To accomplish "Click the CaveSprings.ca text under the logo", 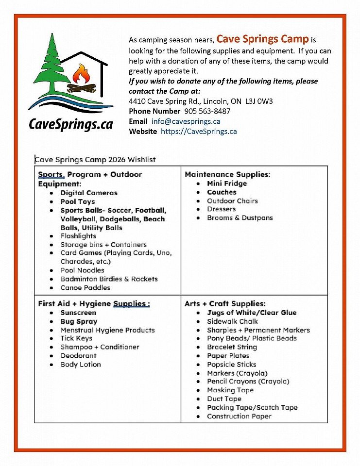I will [71, 124].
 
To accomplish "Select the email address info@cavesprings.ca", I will [186, 121].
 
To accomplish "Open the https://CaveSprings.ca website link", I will [199, 131].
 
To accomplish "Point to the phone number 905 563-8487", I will [207, 111].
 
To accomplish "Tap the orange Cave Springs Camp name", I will [263, 39].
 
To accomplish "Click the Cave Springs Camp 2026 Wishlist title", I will [95, 160].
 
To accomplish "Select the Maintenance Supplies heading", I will [227, 174].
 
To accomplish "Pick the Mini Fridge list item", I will [227, 183].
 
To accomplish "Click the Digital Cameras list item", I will [89, 193].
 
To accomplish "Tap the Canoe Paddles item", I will [85, 287].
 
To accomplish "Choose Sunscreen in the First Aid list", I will [78, 313].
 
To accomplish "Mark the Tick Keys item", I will [76, 338].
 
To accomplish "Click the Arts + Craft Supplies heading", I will [225, 303].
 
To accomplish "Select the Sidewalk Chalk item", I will [232, 321].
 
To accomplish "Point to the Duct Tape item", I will [224, 399].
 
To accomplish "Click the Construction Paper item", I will [239, 416].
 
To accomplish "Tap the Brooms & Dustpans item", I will [240, 218].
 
